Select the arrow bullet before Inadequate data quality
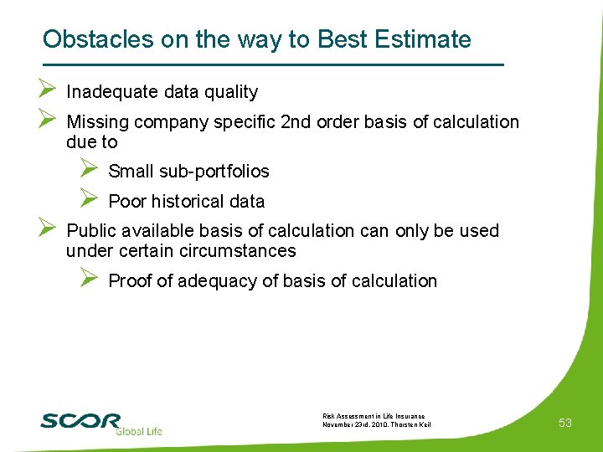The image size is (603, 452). [46, 90]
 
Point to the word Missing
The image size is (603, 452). [97, 122]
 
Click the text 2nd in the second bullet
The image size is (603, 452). [295, 122]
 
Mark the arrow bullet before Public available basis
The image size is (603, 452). [46, 228]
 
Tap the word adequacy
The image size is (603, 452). [224, 281]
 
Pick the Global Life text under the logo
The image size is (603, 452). [138, 431]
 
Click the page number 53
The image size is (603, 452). [565, 423]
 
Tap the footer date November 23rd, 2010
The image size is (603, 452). [351, 425]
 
